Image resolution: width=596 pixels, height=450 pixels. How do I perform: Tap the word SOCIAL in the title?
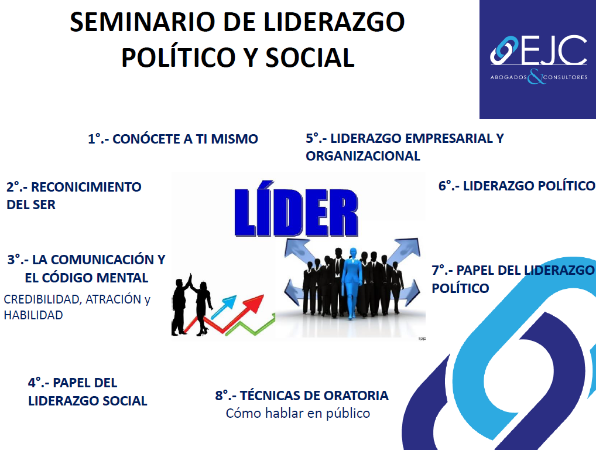(310, 57)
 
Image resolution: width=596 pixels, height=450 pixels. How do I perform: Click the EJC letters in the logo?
(554, 50)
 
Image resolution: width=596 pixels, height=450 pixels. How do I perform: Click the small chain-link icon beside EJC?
(504, 50)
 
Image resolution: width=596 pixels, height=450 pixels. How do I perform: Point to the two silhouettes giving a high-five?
(192, 304)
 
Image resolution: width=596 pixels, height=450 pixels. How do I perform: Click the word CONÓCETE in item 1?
(146, 139)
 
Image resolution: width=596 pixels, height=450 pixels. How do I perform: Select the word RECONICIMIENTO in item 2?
(86, 187)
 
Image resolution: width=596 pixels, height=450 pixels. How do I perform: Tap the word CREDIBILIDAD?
(42, 299)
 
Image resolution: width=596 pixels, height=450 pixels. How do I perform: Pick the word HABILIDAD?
(33, 315)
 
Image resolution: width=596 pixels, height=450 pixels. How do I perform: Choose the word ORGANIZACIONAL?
(363, 156)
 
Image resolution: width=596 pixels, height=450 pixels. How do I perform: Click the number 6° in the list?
(446, 186)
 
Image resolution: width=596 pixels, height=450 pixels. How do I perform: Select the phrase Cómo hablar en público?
(298, 414)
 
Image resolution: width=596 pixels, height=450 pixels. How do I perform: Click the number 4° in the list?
(36, 383)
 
